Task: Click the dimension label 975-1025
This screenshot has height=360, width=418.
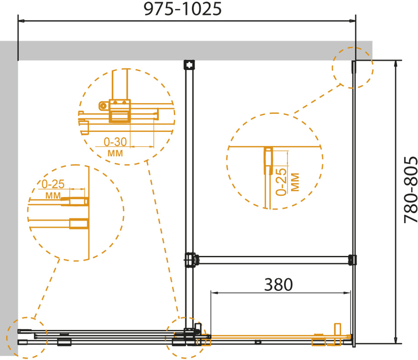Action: [183, 9]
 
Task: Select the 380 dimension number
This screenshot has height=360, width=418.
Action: [278, 284]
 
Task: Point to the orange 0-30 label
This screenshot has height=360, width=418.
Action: [115, 142]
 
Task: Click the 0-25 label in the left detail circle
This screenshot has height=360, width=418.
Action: [53, 184]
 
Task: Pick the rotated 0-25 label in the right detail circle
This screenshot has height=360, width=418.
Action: [281, 182]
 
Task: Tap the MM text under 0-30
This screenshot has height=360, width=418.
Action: [115, 154]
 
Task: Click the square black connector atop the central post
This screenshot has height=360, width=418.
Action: [189, 65]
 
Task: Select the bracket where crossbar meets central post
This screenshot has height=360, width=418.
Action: [190, 259]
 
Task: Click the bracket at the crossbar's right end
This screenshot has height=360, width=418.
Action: [353, 260]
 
